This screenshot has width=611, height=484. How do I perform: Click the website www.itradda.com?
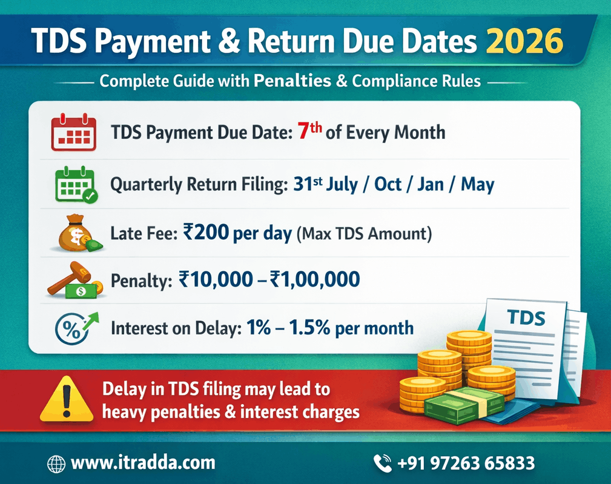(x=143, y=463)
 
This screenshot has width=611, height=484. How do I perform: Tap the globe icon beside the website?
(x=56, y=464)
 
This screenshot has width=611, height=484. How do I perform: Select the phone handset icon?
(x=383, y=464)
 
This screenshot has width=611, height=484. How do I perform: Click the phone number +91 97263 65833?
(x=466, y=464)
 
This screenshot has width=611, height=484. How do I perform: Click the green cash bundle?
(x=463, y=404)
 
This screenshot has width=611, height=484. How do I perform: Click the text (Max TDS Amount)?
(x=364, y=234)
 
